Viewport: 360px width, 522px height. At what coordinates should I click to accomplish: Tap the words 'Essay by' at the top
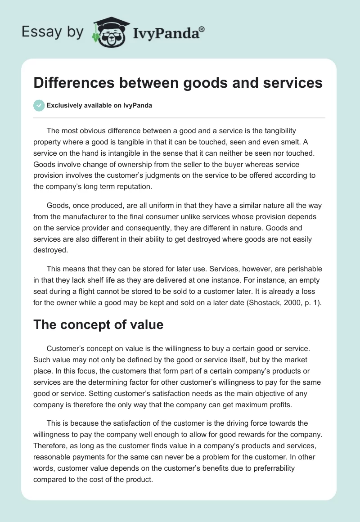[x=52, y=32]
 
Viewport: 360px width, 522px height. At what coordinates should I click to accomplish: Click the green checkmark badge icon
[x=39, y=105]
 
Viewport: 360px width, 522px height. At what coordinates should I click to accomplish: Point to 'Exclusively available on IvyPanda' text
[x=99, y=106]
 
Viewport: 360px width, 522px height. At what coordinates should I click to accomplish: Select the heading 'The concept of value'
[x=98, y=324]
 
